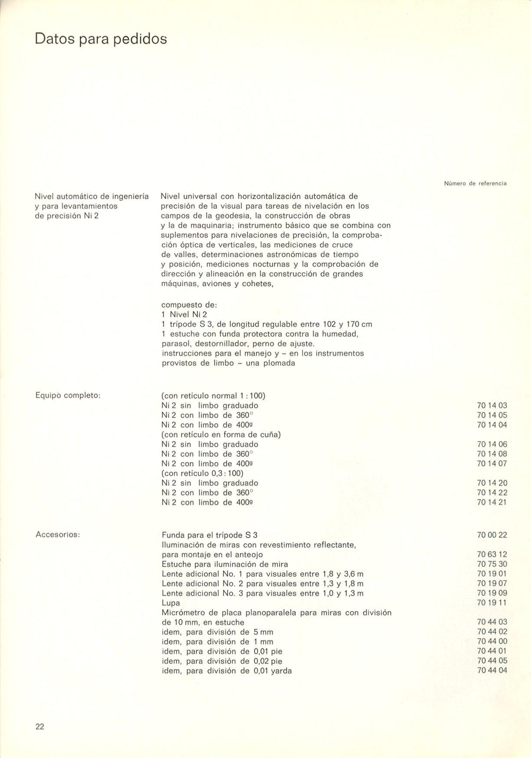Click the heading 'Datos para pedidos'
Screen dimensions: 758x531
click(x=101, y=39)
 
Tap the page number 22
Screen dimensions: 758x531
click(x=40, y=727)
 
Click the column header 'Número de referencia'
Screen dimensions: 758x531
click(x=475, y=184)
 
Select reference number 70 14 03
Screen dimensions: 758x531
click(x=492, y=406)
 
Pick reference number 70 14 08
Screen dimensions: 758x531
click(x=492, y=454)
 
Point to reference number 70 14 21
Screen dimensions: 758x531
click(x=492, y=502)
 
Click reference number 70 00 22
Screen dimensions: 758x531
click(x=492, y=535)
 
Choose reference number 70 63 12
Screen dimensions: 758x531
click(x=492, y=555)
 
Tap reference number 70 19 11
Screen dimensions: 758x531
click(x=492, y=603)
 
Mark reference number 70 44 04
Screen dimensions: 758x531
click(x=492, y=670)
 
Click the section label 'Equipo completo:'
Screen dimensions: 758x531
click(x=68, y=396)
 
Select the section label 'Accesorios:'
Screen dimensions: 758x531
click(x=57, y=535)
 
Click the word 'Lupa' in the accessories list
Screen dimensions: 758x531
click(x=170, y=603)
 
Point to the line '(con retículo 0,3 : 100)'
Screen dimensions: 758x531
click(x=202, y=473)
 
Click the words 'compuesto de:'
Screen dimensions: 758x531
click(x=189, y=305)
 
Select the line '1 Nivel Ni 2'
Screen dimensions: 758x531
click(x=184, y=315)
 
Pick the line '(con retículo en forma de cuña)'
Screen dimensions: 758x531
click(x=221, y=435)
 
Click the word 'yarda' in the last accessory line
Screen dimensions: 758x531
click(x=281, y=671)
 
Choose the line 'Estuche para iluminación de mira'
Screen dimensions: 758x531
click(x=225, y=564)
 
